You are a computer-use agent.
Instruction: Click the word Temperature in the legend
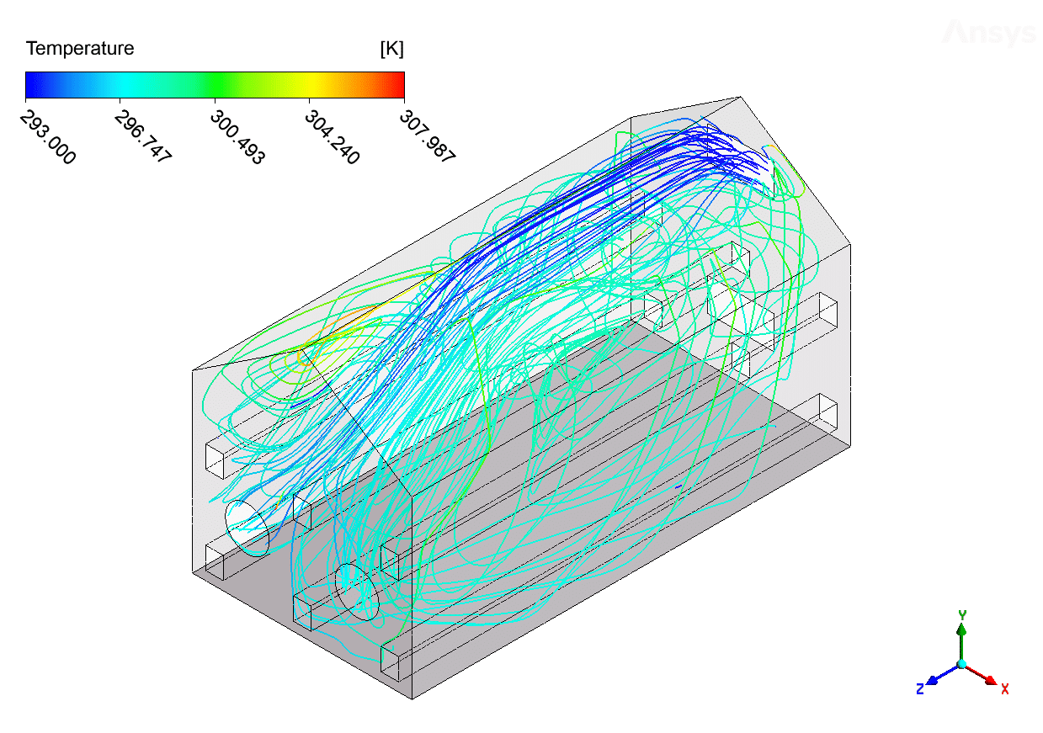tap(80, 49)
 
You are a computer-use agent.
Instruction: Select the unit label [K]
tap(391, 49)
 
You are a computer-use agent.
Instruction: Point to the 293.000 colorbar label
tap(48, 137)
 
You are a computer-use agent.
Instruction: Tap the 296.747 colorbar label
tap(143, 135)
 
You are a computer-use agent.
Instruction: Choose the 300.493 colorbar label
tap(238, 137)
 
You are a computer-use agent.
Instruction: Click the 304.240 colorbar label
tap(333, 137)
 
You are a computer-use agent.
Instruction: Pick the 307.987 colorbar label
tap(428, 135)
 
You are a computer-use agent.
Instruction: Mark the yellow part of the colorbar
tap(309, 85)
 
